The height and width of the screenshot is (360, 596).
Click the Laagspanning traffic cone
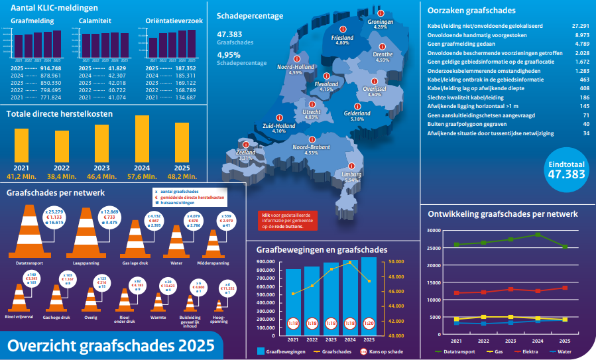click(85, 229)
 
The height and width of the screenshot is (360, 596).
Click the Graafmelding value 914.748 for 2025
click(51, 68)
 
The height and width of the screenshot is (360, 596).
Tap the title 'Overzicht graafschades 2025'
click(111, 345)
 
